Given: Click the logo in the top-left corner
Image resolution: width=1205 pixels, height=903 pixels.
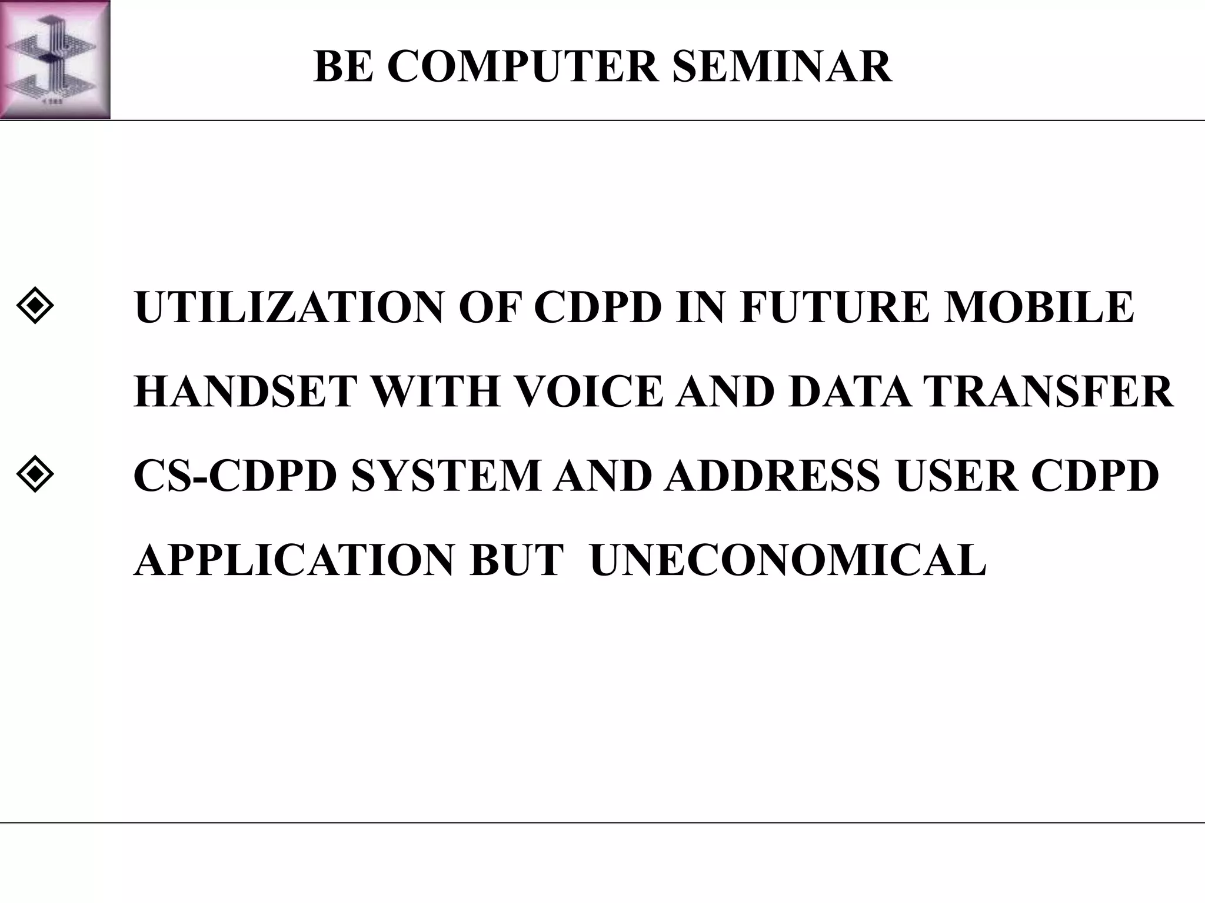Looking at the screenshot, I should click(55, 59).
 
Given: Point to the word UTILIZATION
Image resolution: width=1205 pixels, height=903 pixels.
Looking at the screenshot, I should click(288, 307).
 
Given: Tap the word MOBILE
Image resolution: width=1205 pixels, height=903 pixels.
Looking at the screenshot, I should click(1038, 307).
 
